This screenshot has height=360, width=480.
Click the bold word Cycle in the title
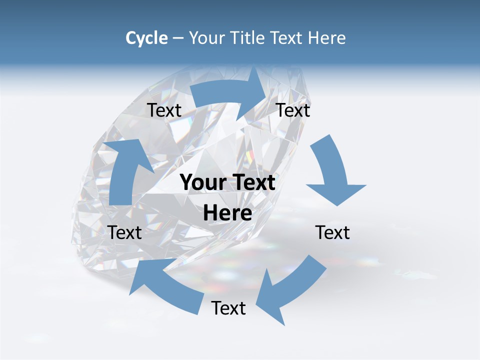coord(146,38)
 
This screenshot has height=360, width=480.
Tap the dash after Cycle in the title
coord(178,38)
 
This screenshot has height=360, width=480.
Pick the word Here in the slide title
coord(327,38)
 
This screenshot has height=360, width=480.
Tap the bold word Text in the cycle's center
coord(252,182)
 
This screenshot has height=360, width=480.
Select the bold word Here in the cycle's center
coord(227,213)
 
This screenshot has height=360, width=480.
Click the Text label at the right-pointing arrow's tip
coord(293,110)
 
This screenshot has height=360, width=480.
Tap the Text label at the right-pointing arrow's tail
coord(164,110)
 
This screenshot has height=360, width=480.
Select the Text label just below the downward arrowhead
coord(333,232)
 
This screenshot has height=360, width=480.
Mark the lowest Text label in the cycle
coord(228,308)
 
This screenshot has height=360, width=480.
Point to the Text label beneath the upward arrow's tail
coord(125,232)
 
